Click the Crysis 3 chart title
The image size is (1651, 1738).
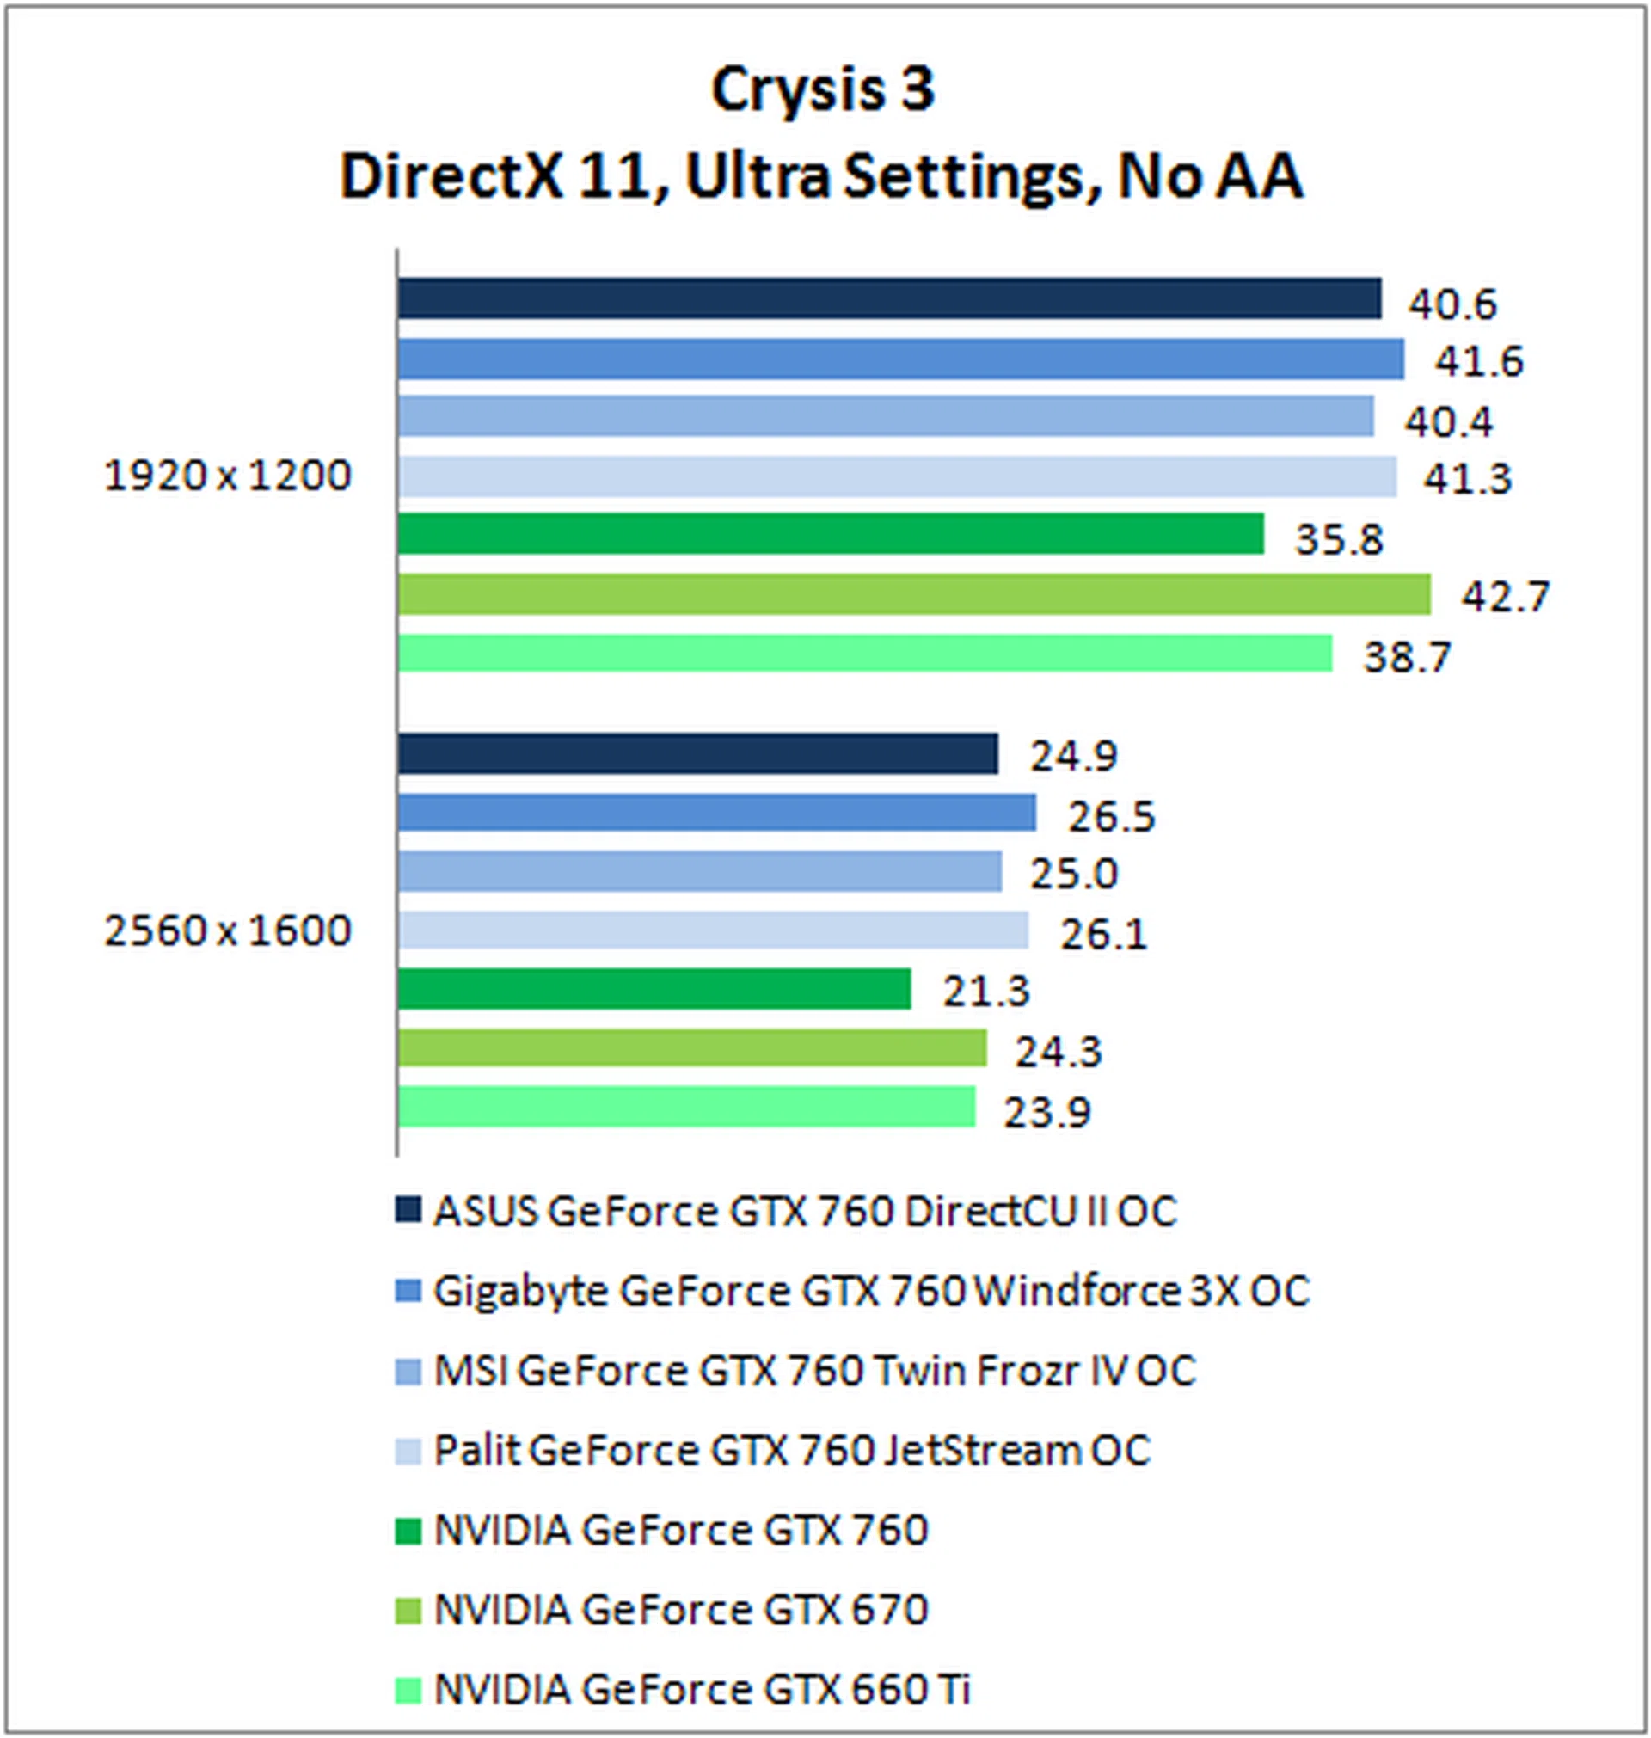click(x=822, y=89)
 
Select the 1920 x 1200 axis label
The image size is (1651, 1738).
click(x=227, y=476)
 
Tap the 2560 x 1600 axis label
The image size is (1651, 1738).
click(x=227, y=930)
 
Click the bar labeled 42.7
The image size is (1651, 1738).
click(x=912, y=594)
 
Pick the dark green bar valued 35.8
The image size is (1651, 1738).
click(x=830, y=534)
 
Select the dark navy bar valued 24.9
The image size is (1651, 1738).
click(x=697, y=753)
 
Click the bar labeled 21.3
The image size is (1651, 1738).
click(x=653, y=989)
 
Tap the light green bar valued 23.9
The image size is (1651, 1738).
click(x=685, y=1107)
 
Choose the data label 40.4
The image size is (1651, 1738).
click(x=1449, y=422)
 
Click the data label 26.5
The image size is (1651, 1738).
click(x=1112, y=817)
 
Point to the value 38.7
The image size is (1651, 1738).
click(x=1406, y=657)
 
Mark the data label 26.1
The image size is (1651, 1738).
click(x=1103, y=935)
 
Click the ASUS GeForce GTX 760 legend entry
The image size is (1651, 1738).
click(x=804, y=1212)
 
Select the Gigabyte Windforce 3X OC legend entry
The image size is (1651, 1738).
click(x=871, y=1292)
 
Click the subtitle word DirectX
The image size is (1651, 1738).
click(x=450, y=177)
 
